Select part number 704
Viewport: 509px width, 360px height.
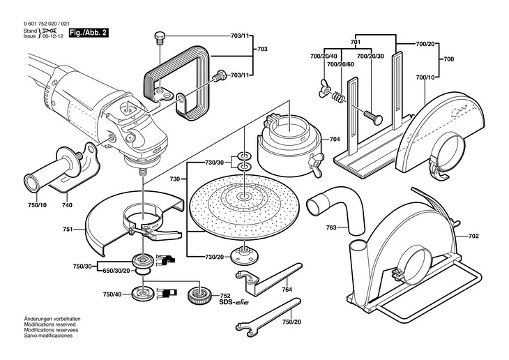pyautogui.click(x=335, y=140)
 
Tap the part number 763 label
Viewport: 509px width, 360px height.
pyautogui.click(x=331, y=227)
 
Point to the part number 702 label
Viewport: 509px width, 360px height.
pyautogui.click(x=473, y=237)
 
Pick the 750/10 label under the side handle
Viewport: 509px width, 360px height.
pyautogui.click(x=38, y=205)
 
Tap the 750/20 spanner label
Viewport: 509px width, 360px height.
pyautogui.click(x=294, y=322)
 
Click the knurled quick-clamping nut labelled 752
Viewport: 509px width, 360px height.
pyautogui.click(x=201, y=294)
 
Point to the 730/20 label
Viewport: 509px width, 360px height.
pyautogui.click(x=215, y=257)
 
